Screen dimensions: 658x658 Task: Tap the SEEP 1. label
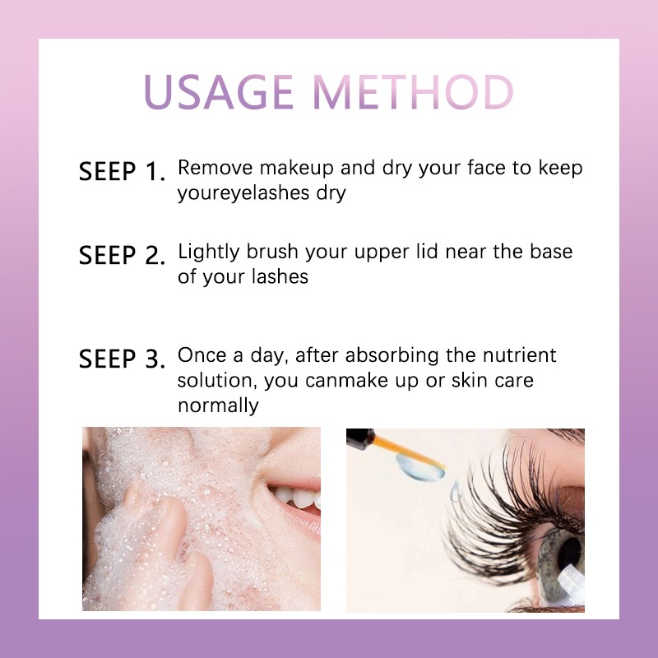(122, 172)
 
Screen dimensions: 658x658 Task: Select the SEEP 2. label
(122, 255)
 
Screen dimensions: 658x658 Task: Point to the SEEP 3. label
(122, 359)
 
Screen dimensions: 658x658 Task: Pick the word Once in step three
(200, 355)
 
